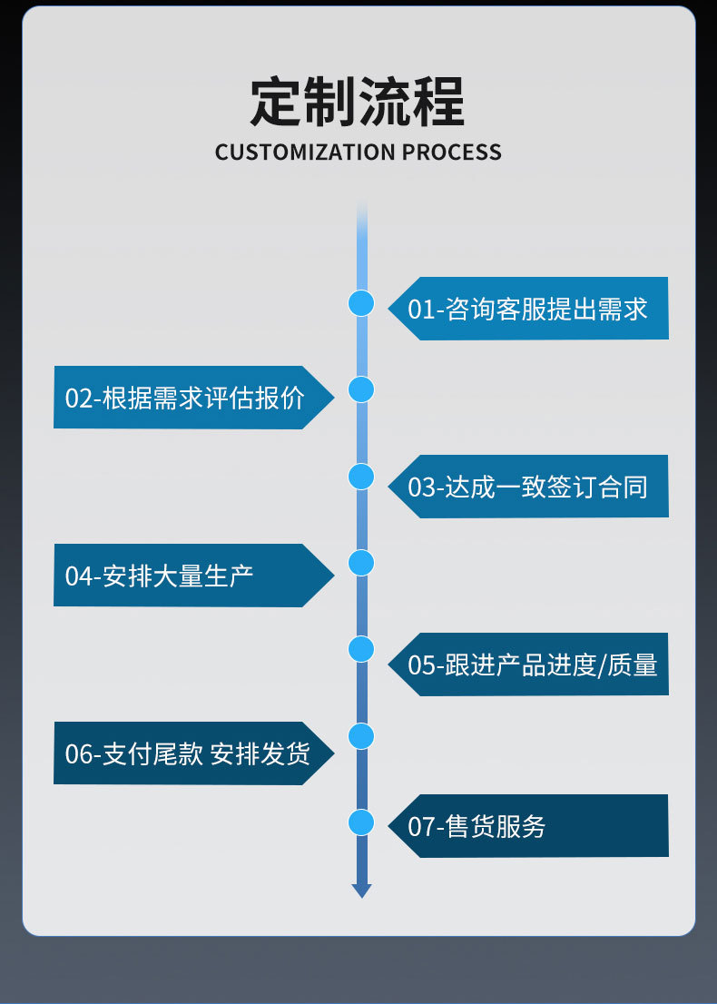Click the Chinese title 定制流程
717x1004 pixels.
tap(358, 102)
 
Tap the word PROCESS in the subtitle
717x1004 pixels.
tap(452, 152)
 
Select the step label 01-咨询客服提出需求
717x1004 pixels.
tap(527, 309)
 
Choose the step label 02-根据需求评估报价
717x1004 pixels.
tap(185, 398)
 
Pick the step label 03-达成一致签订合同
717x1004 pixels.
tap(527, 487)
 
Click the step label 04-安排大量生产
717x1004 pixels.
tap(160, 576)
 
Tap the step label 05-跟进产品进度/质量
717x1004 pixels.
tap(533, 664)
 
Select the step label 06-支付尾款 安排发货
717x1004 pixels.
tap(187, 753)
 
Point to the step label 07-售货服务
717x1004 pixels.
tap(476, 826)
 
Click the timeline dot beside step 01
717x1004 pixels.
tap(361, 303)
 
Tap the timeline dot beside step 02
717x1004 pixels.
tap(361, 389)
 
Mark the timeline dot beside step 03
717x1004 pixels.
tap(361, 476)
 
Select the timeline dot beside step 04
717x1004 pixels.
tap(361, 563)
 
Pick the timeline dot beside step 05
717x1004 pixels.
tap(361, 649)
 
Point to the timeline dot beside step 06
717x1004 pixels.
tap(361, 735)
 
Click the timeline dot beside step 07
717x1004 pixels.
tap(361, 822)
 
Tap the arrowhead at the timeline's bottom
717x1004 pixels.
tap(361, 891)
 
